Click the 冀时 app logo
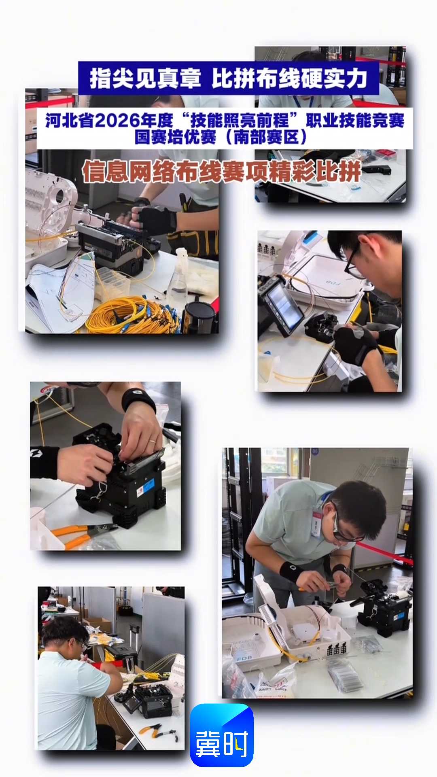(x=222, y=735)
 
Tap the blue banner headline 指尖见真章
(x=145, y=78)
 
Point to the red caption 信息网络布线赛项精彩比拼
(x=222, y=172)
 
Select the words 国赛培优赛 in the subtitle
(x=176, y=137)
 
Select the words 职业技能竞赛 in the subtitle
(x=355, y=120)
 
